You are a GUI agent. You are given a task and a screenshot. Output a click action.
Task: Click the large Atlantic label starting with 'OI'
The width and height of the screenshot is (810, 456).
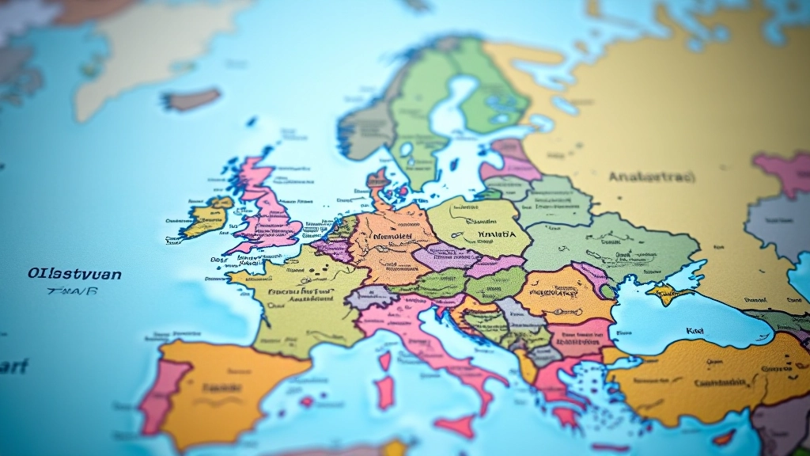(x=74, y=274)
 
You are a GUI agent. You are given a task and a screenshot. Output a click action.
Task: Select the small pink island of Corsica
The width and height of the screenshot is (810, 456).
(x=385, y=360)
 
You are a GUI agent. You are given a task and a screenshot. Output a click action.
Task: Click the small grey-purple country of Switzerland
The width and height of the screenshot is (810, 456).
(x=368, y=298)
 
